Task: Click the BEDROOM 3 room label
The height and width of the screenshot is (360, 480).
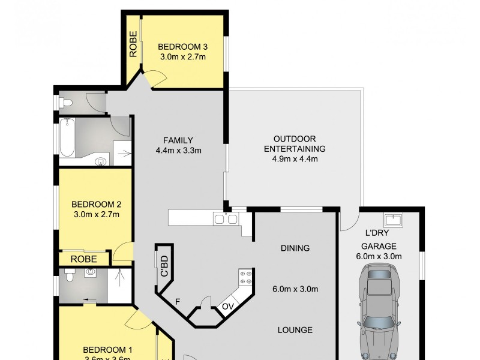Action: (x=182, y=46)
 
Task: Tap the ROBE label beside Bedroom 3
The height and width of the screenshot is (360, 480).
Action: (x=133, y=43)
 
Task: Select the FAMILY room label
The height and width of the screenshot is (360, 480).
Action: (x=178, y=140)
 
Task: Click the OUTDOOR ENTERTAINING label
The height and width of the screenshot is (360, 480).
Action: (x=295, y=143)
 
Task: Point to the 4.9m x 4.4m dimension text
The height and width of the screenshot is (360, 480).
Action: (x=295, y=159)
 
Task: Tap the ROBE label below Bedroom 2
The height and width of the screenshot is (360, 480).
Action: (x=83, y=259)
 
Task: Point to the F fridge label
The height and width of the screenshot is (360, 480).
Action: (x=178, y=302)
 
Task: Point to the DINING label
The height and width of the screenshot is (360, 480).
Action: (x=295, y=248)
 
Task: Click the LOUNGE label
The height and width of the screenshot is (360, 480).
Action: (x=295, y=329)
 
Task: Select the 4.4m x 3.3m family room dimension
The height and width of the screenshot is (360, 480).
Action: (x=178, y=151)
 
